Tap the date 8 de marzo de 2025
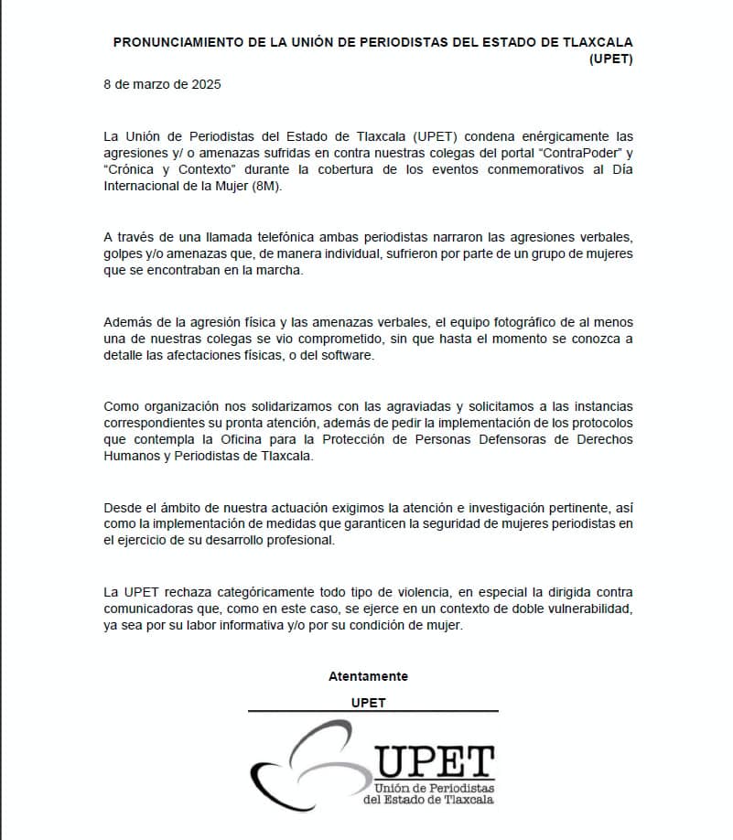pyautogui.click(x=162, y=84)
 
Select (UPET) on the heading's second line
pyautogui.click(x=612, y=59)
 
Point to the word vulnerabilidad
pyautogui.click(x=582, y=608)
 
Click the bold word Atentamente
pyautogui.click(x=368, y=676)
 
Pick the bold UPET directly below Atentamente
pyautogui.click(x=368, y=703)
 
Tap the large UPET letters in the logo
pyautogui.click(x=435, y=760)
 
